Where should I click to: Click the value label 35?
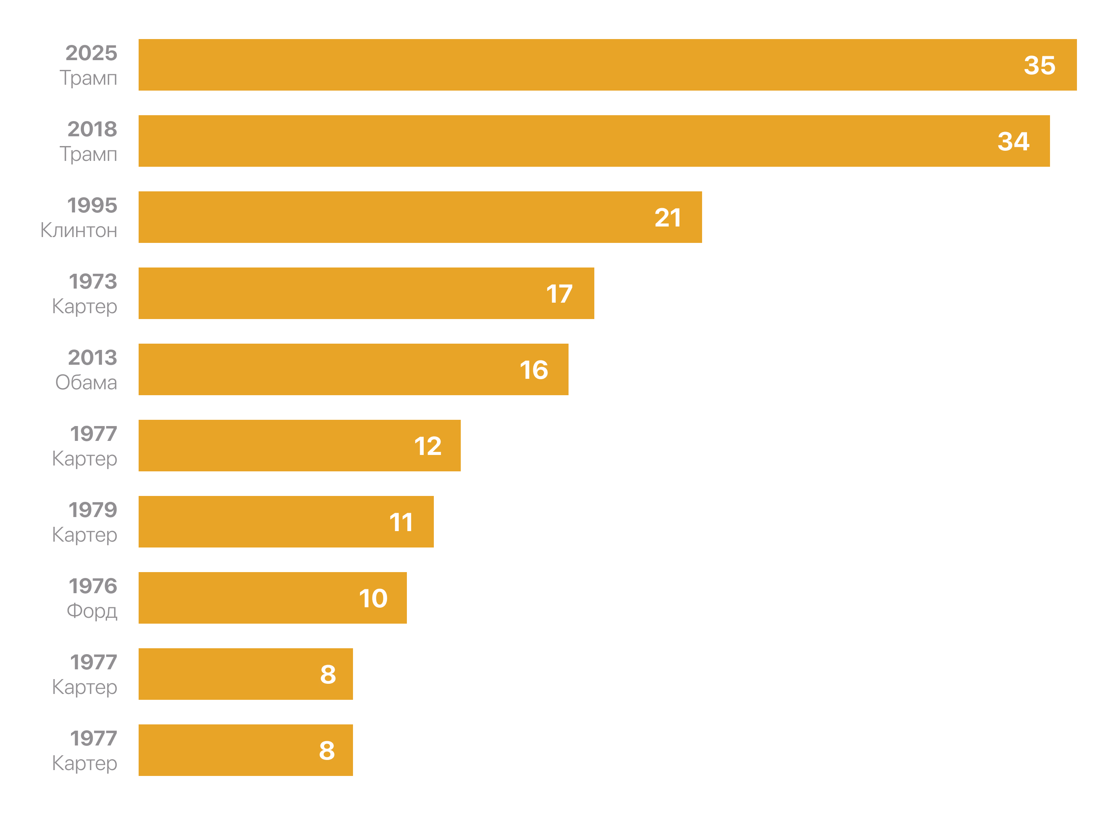[x=1039, y=65]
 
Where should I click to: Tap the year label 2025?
[x=91, y=53]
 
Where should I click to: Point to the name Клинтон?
[x=79, y=230]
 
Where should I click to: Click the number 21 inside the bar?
[x=667, y=218]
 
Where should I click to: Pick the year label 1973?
[x=93, y=281]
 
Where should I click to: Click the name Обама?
[x=86, y=383]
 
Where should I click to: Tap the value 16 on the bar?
[x=533, y=370]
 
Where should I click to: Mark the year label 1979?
[x=93, y=510]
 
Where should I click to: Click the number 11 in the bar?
[x=401, y=522]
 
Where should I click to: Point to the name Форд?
[x=92, y=611]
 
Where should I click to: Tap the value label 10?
[x=373, y=598]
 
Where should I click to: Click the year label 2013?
[x=92, y=357]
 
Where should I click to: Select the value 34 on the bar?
[x=1013, y=142]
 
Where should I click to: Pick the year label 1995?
[x=92, y=205]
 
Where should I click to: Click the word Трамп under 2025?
[x=88, y=78]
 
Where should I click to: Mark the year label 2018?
[x=92, y=129]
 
